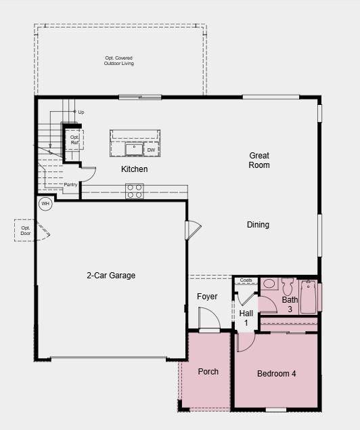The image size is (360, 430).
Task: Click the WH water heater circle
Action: (45, 204)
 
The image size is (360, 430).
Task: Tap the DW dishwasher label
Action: (151, 150)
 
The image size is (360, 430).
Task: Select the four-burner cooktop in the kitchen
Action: (134, 191)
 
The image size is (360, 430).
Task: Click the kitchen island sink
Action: (133, 149)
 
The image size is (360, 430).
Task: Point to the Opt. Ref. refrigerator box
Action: (74, 139)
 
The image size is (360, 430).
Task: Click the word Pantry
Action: (70, 184)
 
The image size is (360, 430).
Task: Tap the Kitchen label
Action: (134, 169)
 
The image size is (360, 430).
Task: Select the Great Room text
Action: (258, 160)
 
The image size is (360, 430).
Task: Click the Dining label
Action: (258, 225)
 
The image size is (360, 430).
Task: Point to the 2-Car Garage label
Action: (111, 276)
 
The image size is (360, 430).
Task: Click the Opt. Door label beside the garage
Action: (26, 231)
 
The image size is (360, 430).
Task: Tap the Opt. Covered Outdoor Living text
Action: (119, 61)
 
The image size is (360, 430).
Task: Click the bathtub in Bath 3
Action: (309, 296)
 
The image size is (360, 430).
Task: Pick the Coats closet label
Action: (245, 280)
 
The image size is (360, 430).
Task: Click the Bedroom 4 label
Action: (276, 373)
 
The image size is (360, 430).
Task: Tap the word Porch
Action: (208, 372)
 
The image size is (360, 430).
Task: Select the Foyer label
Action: (207, 297)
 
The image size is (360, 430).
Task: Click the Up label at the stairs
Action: (81, 112)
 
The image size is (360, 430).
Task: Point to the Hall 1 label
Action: (246, 318)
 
